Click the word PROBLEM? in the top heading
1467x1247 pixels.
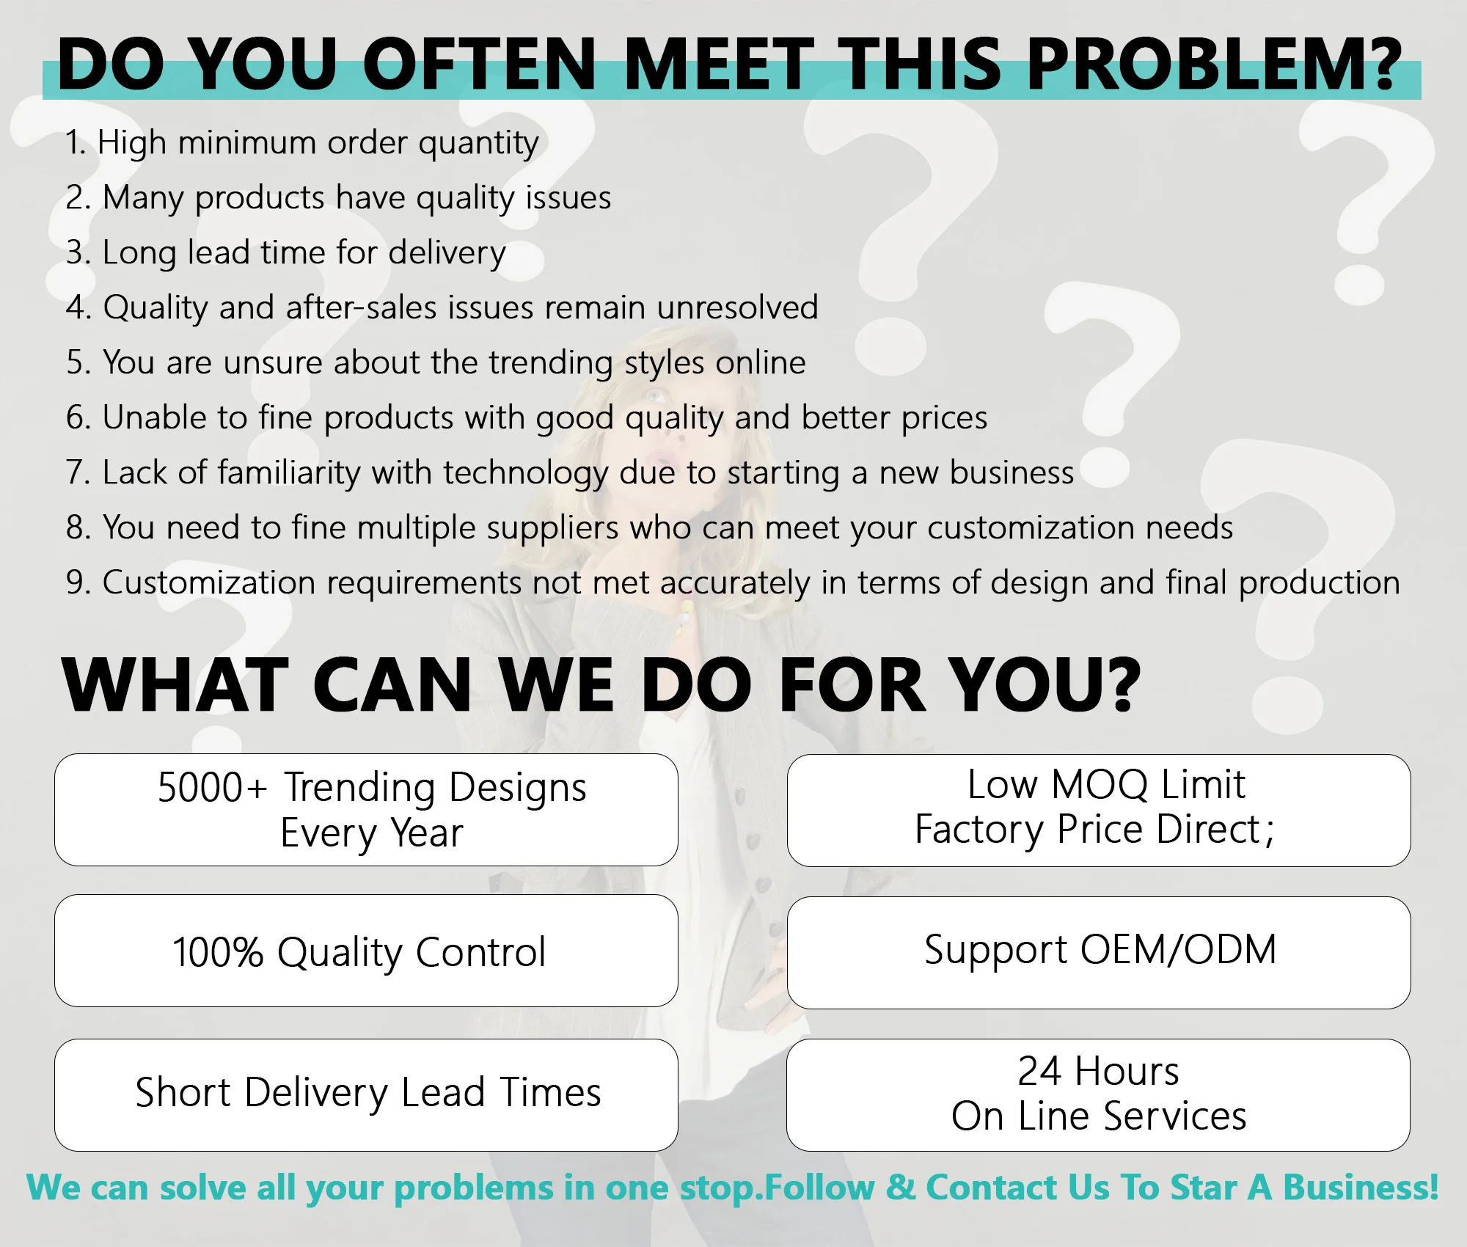1215,65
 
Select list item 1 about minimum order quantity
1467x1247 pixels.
302,143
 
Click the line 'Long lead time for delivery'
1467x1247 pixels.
286,253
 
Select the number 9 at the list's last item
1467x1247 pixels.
76,583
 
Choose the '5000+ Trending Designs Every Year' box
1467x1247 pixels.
366,810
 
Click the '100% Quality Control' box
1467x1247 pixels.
366,951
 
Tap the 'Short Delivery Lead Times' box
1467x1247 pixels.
366,1095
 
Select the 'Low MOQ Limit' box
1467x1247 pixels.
1099,811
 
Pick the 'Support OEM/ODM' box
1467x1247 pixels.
1099,953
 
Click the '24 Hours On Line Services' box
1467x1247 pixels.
1098,1095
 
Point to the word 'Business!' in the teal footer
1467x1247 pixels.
1361,1188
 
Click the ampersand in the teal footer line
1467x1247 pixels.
901,1188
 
